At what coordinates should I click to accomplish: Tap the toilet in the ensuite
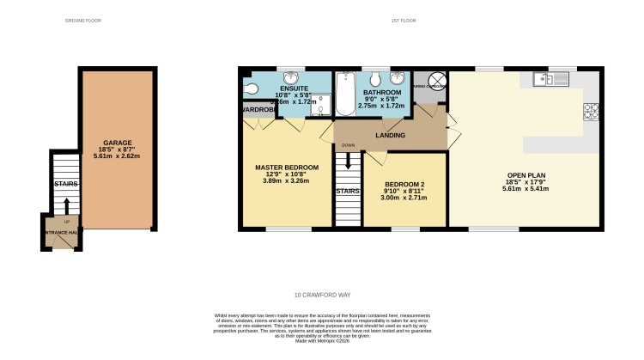pos(250,88)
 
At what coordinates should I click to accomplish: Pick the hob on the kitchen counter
pos(590,111)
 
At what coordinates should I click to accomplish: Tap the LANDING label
pos(390,135)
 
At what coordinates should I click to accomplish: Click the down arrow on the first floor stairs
pos(348,160)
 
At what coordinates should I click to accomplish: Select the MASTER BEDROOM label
pos(287,167)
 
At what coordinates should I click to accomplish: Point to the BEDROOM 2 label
pos(404,184)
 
